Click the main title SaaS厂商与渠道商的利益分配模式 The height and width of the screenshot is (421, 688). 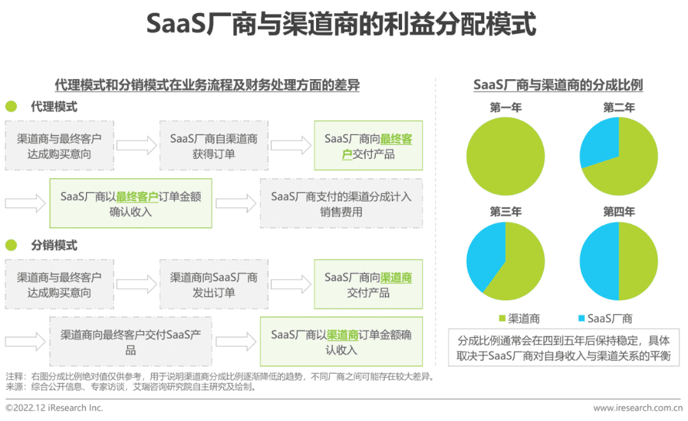pyautogui.click(x=341, y=24)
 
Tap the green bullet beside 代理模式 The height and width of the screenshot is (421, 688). pyautogui.click(x=11, y=107)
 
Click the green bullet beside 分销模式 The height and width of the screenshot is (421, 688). pyautogui.click(x=11, y=245)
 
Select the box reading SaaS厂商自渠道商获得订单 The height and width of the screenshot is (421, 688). pyautogui.click(x=213, y=145)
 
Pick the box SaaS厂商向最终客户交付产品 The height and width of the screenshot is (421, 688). pyautogui.click(x=368, y=145)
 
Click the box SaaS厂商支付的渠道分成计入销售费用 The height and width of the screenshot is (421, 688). pyautogui.click(x=341, y=203)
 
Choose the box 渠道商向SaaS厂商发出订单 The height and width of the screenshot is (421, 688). pyautogui.click(x=213, y=284)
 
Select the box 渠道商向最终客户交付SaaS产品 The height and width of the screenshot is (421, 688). pyautogui.click(x=131, y=341)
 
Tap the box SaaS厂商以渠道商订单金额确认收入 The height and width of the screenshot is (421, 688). pyautogui.click(x=341, y=341)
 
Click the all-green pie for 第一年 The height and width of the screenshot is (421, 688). pyautogui.click(x=505, y=156)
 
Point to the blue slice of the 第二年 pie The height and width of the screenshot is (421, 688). pyautogui.click(x=598, y=143)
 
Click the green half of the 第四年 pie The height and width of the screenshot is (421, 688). pyautogui.click(x=638, y=262)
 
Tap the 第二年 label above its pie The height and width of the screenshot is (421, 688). pyautogui.click(x=619, y=108)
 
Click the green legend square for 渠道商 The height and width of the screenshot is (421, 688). pyautogui.click(x=503, y=318)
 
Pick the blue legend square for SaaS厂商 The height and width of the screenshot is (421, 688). pyautogui.click(x=582, y=318)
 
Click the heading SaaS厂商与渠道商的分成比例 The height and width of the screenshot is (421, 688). pyautogui.click(x=558, y=85)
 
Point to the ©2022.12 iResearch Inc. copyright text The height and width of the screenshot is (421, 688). pyautogui.click(x=54, y=408)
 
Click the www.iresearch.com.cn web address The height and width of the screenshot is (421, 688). pyautogui.click(x=638, y=408)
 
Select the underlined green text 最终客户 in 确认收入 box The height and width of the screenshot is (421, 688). pyautogui.click(x=137, y=196)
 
